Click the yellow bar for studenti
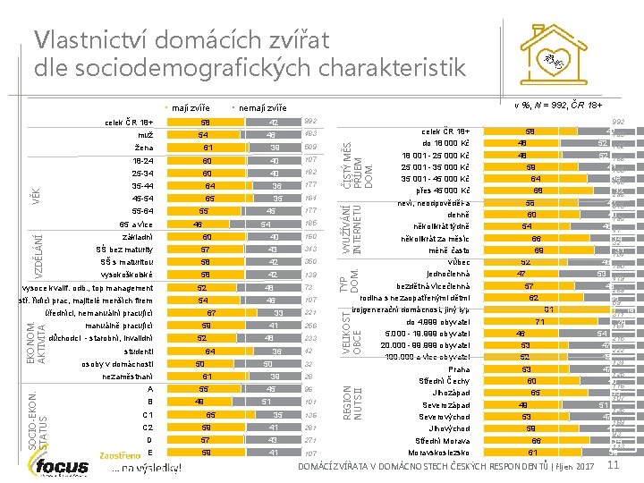click(x=209, y=352)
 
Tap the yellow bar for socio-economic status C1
click(x=209, y=416)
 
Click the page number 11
click(x=613, y=465)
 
